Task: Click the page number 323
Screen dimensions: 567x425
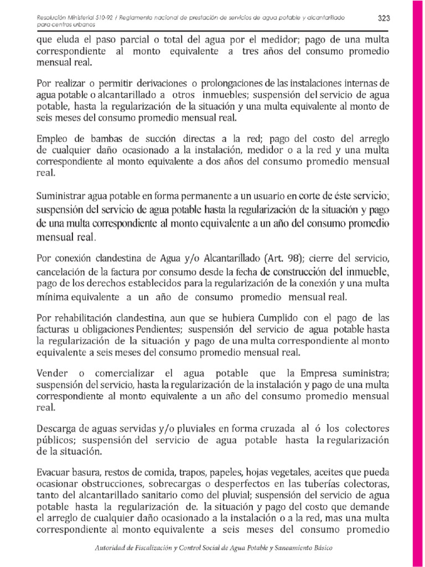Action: (x=383, y=18)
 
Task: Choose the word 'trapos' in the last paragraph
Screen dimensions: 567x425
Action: (x=193, y=473)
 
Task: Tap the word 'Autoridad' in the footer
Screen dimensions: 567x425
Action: (x=111, y=548)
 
